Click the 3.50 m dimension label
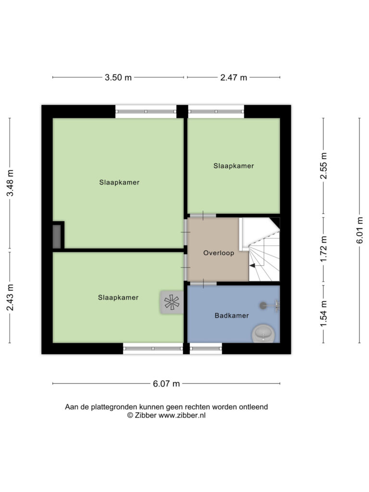118,77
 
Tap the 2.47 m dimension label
234,77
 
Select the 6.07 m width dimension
166,383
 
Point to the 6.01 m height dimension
359,230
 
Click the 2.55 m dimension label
323,166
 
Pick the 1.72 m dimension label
323,249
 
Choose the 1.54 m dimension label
323,313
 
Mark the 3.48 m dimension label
10,183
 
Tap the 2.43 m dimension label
10,297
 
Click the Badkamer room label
232,316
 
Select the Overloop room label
219,253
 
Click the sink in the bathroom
264,333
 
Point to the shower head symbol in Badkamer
269,305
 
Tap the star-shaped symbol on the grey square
172,303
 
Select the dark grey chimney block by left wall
57,235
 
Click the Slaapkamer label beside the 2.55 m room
234,166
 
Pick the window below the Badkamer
206,348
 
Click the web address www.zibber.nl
182,416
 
